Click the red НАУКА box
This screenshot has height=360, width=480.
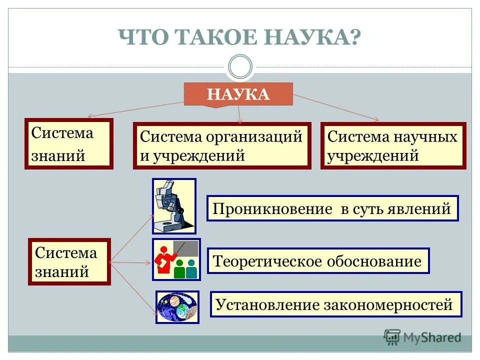click(x=238, y=94)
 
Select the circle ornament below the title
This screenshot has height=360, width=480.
click(x=239, y=67)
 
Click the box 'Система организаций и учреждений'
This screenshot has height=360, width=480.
click(x=221, y=145)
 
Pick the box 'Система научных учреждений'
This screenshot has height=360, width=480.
click(x=393, y=145)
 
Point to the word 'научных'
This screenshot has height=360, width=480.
click(x=426, y=136)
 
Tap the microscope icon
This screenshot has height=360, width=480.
click(x=174, y=206)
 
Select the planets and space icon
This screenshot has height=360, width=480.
click(x=177, y=307)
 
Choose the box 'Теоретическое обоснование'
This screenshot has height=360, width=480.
click(x=318, y=261)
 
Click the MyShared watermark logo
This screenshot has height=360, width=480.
click(x=422, y=337)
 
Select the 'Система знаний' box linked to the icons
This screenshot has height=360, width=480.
click(x=69, y=261)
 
